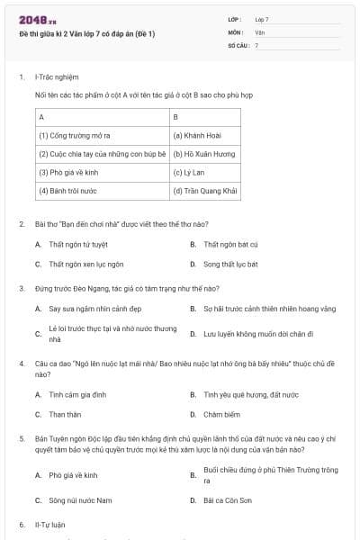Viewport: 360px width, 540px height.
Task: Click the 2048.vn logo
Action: tap(38, 19)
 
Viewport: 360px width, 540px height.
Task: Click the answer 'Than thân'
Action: tap(65, 415)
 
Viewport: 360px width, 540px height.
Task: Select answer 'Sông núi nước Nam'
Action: tap(80, 499)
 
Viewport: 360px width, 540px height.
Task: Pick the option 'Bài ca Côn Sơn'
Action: tap(224, 499)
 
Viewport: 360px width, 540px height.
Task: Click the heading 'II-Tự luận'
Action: tap(49, 524)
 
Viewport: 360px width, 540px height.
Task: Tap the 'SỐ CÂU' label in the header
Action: tap(238, 44)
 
